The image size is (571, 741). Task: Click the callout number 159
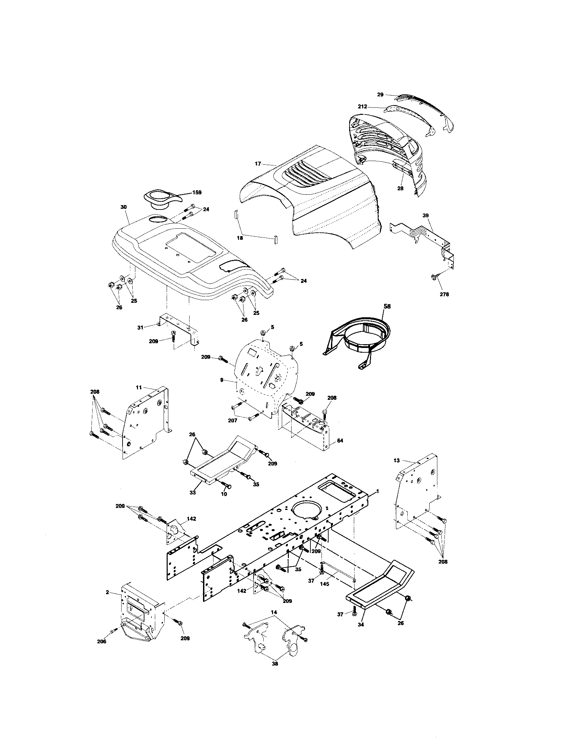[197, 192]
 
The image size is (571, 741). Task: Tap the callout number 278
[444, 294]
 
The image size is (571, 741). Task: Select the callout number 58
[387, 306]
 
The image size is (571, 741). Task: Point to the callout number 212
[363, 106]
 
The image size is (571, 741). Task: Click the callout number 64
[340, 441]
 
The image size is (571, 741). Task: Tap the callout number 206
[101, 641]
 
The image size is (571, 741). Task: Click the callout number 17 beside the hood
[258, 164]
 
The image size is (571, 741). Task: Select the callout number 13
[397, 460]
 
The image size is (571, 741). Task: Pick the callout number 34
[361, 624]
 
